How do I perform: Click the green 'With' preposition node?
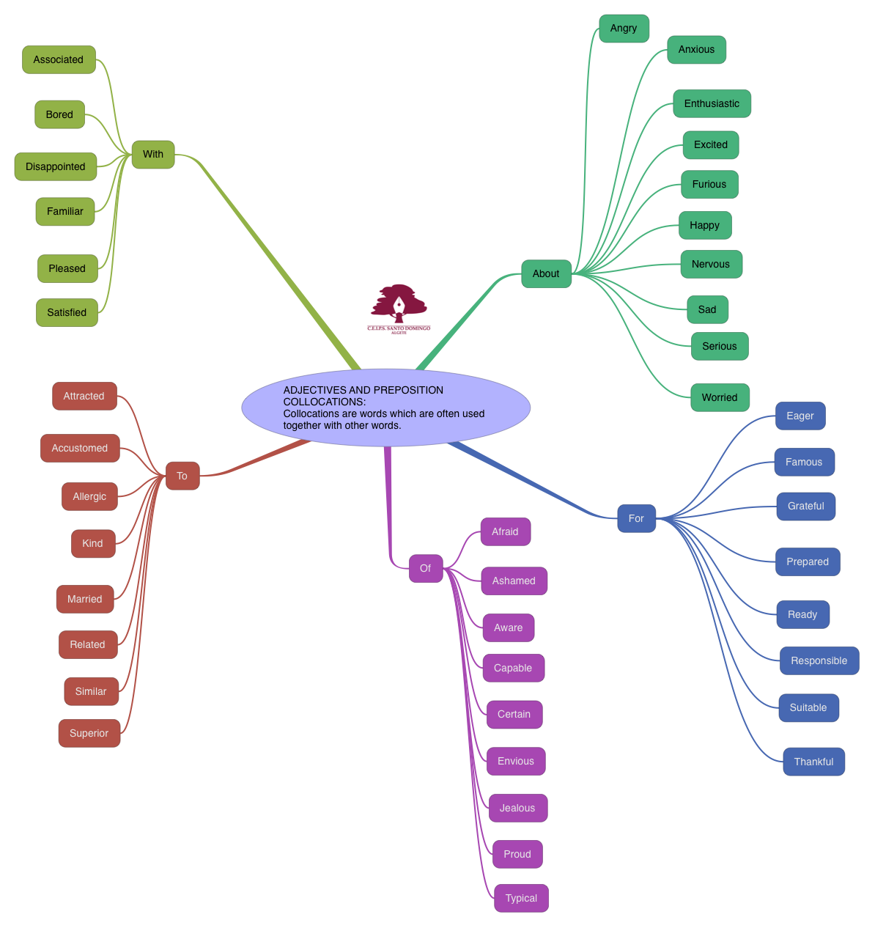pos(153,154)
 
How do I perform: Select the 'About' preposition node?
pos(546,273)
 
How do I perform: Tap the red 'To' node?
pos(182,476)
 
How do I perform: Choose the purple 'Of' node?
pos(425,568)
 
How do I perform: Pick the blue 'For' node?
pos(636,518)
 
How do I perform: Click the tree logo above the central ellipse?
pos(399,306)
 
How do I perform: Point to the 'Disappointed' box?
pos(56,166)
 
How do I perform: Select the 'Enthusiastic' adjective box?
pos(712,103)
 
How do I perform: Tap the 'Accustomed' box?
pos(80,448)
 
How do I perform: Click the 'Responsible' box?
pos(819,660)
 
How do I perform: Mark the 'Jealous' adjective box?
pos(517,808)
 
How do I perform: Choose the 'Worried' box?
pos(720,397)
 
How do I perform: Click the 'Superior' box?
pos(89,733)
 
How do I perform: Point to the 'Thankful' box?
pos(813,762)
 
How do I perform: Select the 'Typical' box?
pos(521,898)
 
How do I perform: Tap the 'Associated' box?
pos(59,59)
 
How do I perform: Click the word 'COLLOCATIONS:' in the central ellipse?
pos(325,402)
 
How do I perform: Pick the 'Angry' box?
pos(624,28)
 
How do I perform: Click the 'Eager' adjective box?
pos(800,416)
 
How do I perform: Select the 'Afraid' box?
pos(505,531)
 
